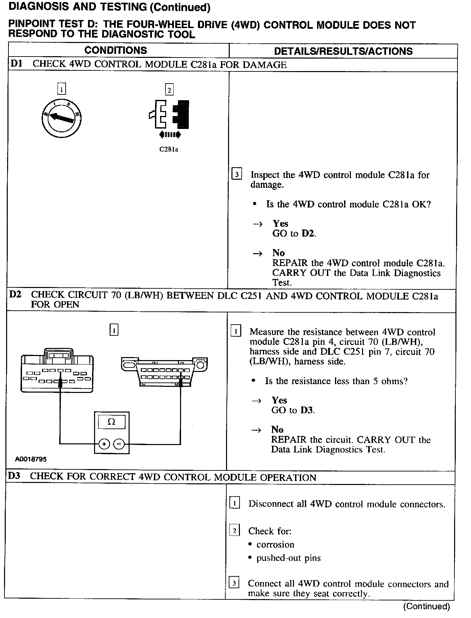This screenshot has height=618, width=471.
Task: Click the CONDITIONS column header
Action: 115,50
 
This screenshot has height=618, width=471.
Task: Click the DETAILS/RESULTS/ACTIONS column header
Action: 343,51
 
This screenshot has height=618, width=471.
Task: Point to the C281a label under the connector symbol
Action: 169,149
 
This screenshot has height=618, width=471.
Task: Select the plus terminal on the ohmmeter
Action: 104,444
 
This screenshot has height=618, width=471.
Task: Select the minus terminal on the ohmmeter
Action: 119,444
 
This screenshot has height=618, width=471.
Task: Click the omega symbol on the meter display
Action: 111,422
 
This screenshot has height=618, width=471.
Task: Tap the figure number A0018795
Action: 30,459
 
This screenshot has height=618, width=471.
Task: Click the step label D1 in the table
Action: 17,64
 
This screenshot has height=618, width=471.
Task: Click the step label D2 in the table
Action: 15,294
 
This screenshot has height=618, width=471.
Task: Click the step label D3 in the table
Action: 14,476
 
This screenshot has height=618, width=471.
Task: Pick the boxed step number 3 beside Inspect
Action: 237,175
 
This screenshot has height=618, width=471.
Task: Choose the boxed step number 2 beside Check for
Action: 234,530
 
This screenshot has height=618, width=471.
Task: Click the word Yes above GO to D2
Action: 281,223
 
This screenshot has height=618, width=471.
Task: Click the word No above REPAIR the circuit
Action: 277,429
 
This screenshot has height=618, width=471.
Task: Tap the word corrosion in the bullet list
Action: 275,545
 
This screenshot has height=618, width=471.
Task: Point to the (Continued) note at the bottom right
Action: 426,606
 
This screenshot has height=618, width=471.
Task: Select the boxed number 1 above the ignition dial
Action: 62,89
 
